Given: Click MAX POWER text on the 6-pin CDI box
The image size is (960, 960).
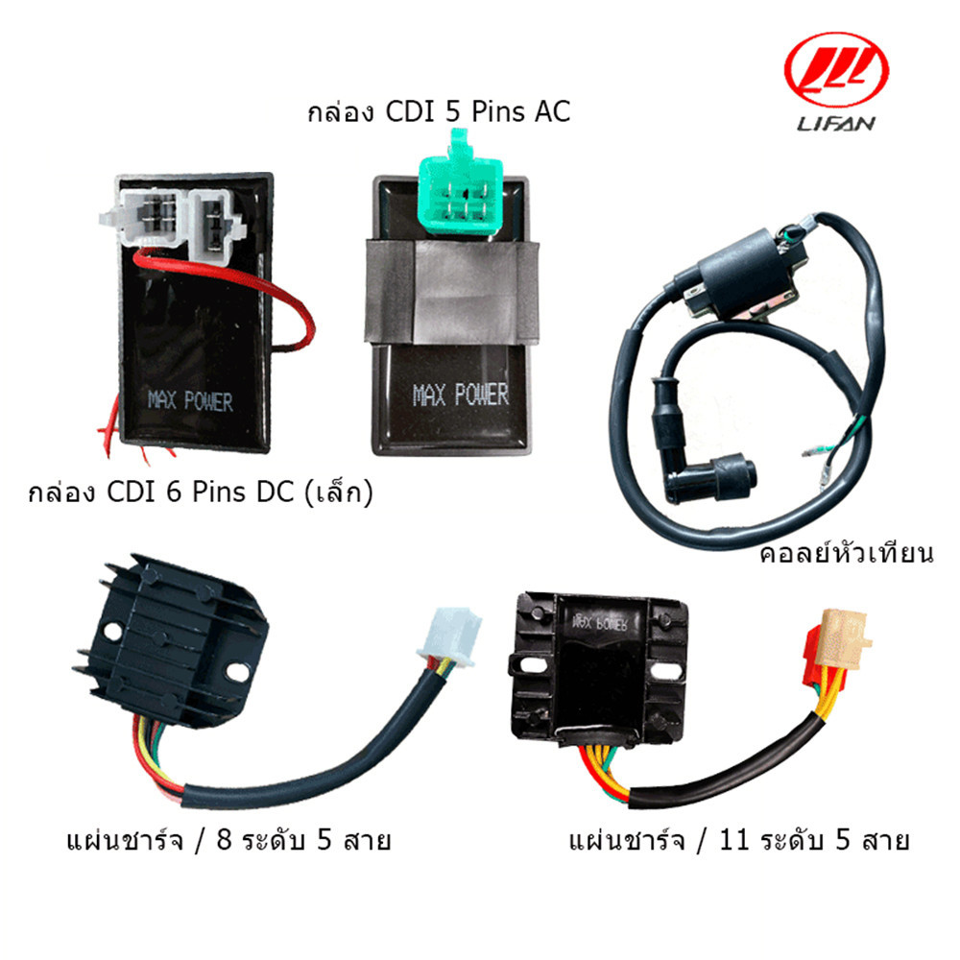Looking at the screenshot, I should coord(190,399).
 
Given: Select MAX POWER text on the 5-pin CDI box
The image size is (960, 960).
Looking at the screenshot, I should coord(460,395).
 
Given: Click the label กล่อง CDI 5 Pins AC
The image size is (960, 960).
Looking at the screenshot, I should coord(439,112).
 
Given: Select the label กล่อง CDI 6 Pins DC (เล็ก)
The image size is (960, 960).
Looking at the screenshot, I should coord(200,494).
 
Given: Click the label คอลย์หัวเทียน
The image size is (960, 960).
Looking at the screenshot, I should coord(846,554).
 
